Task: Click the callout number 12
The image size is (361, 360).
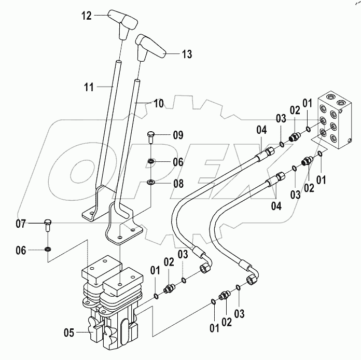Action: tap(86, 16)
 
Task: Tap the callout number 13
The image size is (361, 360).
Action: tap(186, 53)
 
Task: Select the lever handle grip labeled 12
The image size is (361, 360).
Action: tap(123, 24)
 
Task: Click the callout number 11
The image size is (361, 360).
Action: tap(89, 87)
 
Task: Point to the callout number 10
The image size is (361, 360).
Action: tap(158, 104)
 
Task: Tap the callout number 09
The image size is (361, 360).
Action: tap(178, 135)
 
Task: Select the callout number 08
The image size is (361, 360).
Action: tap(178, 183)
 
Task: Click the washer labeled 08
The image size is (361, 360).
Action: tap(151, 182)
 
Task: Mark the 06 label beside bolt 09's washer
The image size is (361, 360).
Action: tap(178, 162)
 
